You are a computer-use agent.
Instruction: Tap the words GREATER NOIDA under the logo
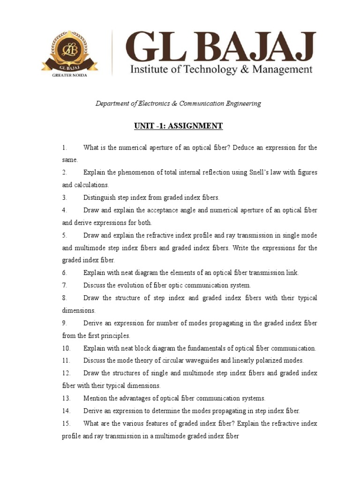[69, 75]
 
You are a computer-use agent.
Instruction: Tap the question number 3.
[65, 198]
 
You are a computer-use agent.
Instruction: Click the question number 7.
[65, 285]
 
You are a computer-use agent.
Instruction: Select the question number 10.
[66, 348]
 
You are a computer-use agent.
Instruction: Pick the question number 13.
[66, 398]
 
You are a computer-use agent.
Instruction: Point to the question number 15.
[66, 423]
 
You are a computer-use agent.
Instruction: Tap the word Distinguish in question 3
[99, 198]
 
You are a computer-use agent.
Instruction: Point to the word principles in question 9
[115, 336]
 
